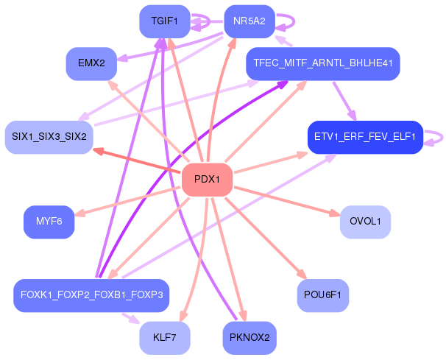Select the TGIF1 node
[x=164, y=21]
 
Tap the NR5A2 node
[x=249, y=21]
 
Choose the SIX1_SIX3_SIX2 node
[x=49, y=137]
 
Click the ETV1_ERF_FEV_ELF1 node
[x=364, y=137]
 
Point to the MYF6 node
[x=49, y=221]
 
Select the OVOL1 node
[x=365, y=221]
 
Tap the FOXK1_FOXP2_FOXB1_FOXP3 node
[x=91, y=294]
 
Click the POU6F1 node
[x=322, y=294]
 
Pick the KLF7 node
[x=164, y=338]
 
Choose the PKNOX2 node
[x=249, y=338]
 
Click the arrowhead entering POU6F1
[x=300, y=275]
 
